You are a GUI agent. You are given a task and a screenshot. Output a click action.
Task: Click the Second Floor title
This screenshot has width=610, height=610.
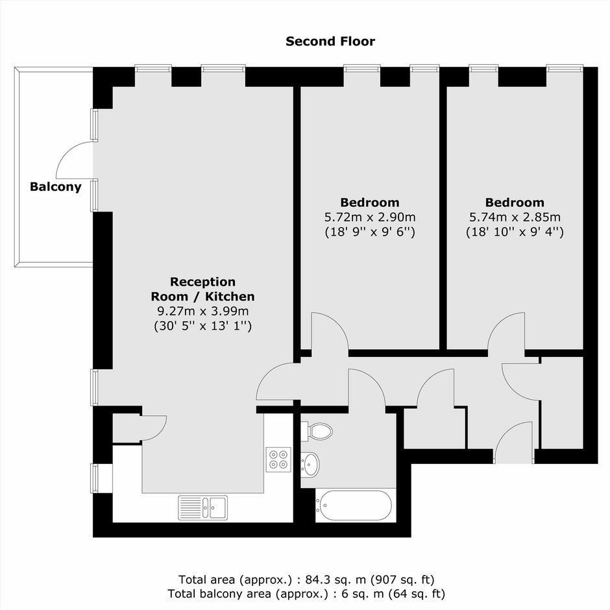[x=330, y=42]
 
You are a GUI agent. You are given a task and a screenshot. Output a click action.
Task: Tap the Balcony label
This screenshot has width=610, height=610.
[x=56, y=187]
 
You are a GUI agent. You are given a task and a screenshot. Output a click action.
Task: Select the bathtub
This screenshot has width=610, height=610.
[x=353, y=506]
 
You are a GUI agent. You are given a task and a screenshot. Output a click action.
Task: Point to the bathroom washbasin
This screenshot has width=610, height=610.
[x=310, y=465]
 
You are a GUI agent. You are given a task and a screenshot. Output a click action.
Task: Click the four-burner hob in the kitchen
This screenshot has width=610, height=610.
[x=278, y=459]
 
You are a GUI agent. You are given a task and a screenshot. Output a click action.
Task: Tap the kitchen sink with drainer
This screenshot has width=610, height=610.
[x=202, y=507]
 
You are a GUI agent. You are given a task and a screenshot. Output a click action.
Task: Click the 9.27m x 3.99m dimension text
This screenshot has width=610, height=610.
[x=202, y=311]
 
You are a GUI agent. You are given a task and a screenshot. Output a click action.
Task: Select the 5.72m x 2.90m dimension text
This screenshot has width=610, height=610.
[x=370, y=217]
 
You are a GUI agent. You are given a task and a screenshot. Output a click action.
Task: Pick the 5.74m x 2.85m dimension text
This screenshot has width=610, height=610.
[x=515, y=217]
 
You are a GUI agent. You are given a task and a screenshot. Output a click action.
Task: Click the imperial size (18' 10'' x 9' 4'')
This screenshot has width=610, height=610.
[x=515, y=232]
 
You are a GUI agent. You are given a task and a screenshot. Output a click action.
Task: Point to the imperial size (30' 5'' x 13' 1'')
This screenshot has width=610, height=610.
[x=202, y=326]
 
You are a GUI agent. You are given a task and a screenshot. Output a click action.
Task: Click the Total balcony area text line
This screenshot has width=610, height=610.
[x=306, y=594]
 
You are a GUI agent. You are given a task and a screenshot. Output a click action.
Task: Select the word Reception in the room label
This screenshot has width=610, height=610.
[x=202, y=282]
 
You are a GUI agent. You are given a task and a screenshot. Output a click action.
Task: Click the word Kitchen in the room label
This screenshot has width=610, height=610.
[x=230, y=297]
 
